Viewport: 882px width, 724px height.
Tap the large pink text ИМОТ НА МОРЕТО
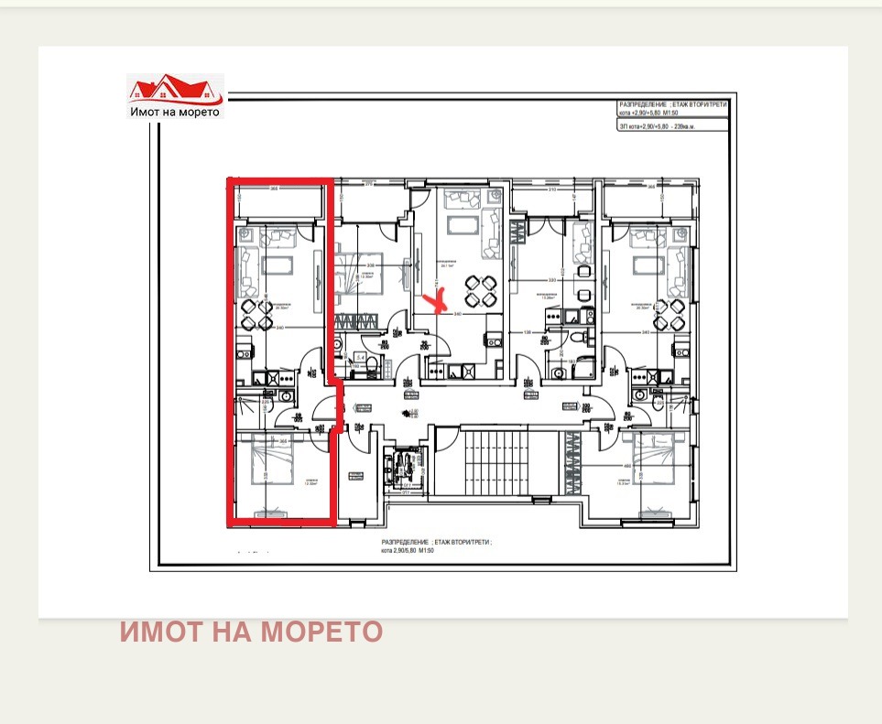click(x=251, y=632)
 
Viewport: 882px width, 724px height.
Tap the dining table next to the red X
click(x=480, y=291)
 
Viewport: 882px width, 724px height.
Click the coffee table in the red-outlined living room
click(x=275, y=266)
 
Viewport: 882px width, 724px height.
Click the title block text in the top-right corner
click(x=673, y=117)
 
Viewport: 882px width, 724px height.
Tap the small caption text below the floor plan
click(x=437, y=546)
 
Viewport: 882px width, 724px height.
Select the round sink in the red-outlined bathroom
click(x=286, y=396)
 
